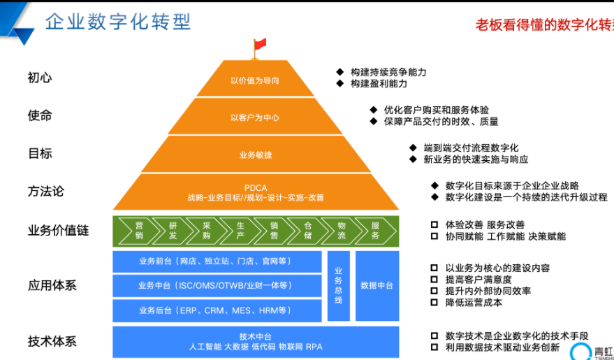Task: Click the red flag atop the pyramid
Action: coord(259,45)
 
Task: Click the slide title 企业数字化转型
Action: coord(118,21)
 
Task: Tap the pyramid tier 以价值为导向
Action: coord(255,80)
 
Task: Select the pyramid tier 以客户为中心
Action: coord(255,117)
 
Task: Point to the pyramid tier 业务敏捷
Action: coord(255,155)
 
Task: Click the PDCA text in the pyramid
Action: coord(256,187)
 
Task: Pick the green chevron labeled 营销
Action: coord(139,231)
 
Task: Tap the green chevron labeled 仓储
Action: coord(308,231)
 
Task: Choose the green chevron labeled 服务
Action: coord(375,231)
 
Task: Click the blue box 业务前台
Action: coord(216,261)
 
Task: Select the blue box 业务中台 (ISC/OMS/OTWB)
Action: coord(216,285)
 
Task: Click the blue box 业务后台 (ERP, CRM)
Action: coord(216,310)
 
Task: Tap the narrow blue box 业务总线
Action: coord(338,285)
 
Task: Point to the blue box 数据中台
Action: coord(377,285)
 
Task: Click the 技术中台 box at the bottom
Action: coord(256,341)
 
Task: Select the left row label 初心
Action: coord(40,78)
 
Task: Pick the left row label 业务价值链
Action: coord(58,230)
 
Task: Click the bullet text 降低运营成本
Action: coord(474,303)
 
